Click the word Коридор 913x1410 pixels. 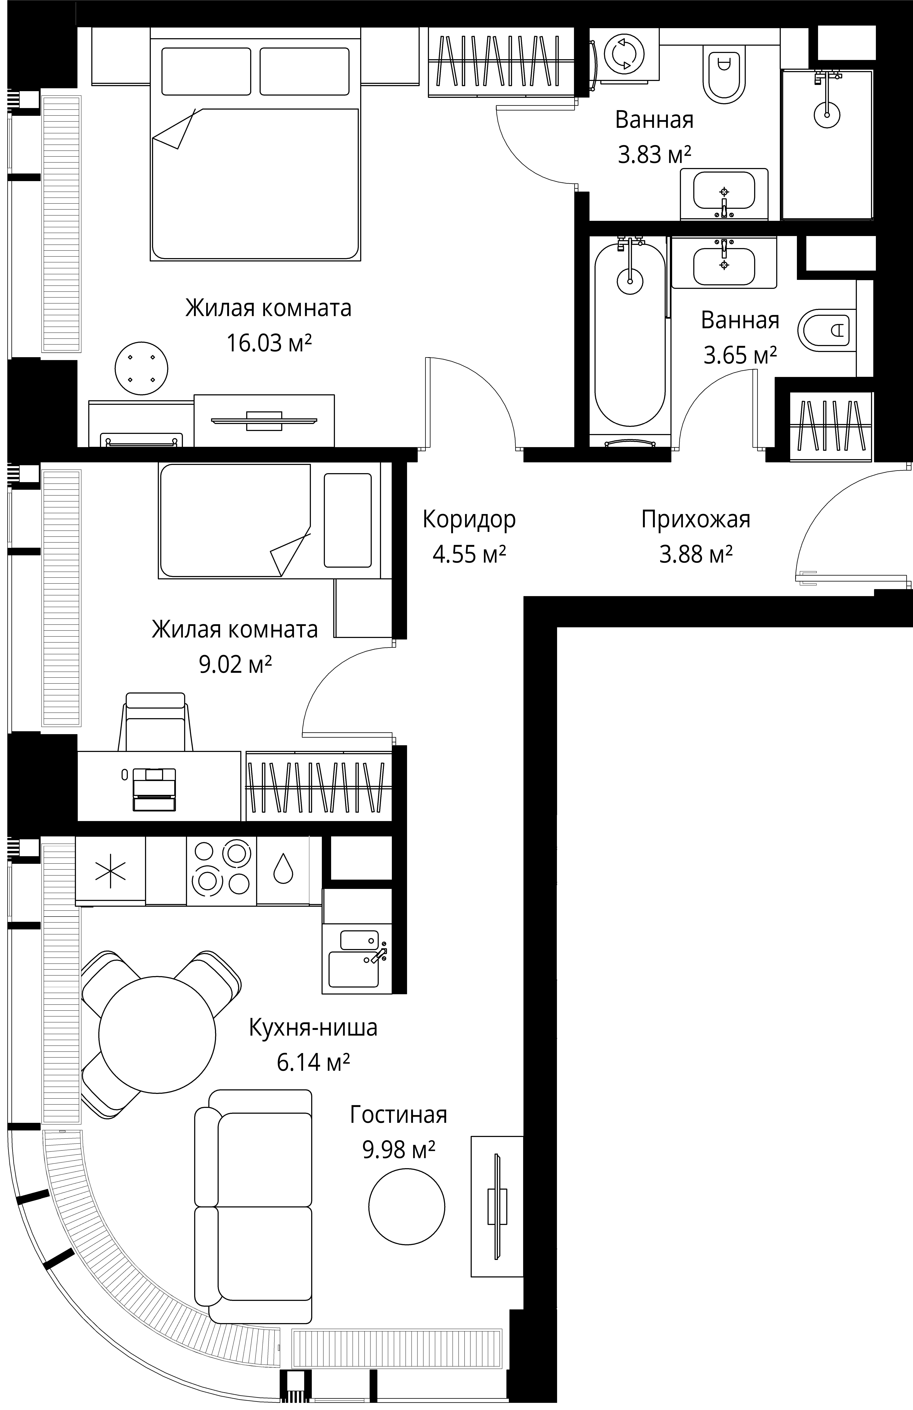[x=469, y=520]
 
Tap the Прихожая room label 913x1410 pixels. [x=696, y=520]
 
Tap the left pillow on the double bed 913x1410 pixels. [x=206, y=71]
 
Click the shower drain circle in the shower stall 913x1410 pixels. [x=827, y=114]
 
